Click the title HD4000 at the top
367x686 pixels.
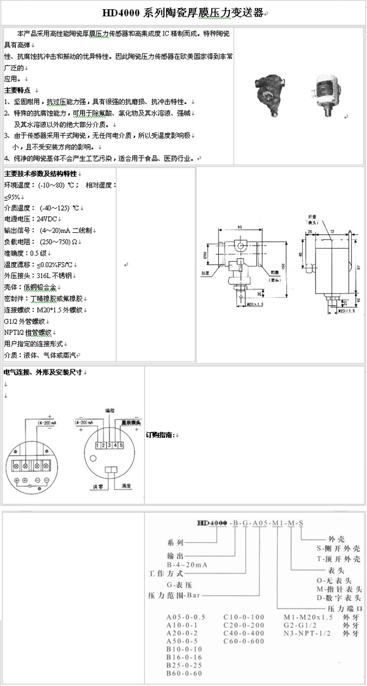tap(124, 12)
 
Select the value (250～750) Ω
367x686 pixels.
tap(61, 242)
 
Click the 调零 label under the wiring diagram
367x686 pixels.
tap(96, 486)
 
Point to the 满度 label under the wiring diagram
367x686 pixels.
tap(127, 486)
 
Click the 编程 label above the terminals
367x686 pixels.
tap(109, 410)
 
